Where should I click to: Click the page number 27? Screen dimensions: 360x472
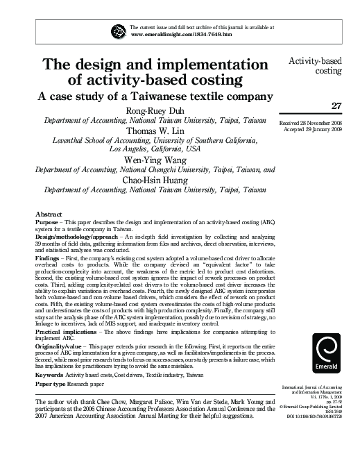tap(337, 106)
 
